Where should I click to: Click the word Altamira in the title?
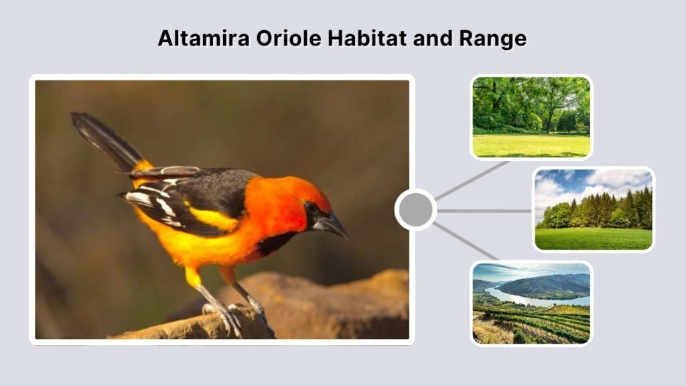click(203, 38)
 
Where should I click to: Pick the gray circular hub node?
click(415, 210)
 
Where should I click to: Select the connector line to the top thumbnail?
click(472, 180)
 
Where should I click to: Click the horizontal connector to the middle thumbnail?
click(484, 210)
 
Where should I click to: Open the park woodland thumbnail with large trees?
click(531, 117)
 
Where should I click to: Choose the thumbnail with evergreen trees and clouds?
click(594, 209)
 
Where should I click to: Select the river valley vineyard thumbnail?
click(531, 303)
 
